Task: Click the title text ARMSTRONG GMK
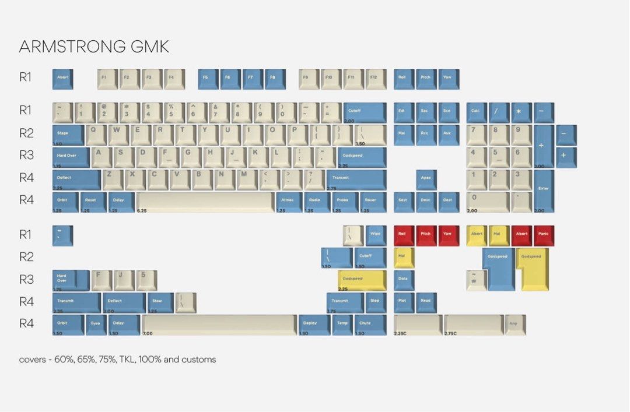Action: [94, 47]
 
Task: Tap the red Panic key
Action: [544, 235]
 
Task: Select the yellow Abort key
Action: [477, 235]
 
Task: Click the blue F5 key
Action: [208, 79]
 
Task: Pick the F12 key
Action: [376, 79]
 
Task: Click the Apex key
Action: [426, 179]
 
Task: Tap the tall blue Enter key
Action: [543, 191]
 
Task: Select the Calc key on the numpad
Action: [477, 112]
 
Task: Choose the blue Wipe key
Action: [376, 235]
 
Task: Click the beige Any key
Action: [515, 325]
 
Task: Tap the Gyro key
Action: [96, 325]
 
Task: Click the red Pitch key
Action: [426, 235]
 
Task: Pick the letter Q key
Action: [96, 135]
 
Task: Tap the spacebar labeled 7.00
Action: [219, 325]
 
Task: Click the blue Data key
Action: [404, 280]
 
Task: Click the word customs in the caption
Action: [199, 360]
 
